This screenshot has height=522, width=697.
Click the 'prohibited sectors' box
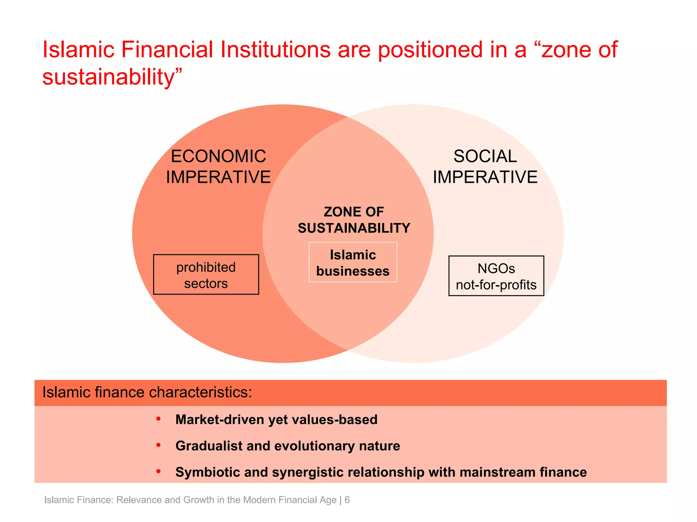pyautogui.click(x=206, y=275)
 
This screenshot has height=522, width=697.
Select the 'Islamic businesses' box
pyautogui.click(x=353, y=262)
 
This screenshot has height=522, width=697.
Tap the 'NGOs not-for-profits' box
pyautogui.click(x=496, y=276)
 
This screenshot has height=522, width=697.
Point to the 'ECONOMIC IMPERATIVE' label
pyautogui.click(x=218, y=167)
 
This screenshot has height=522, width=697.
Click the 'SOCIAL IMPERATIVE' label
pyautogui.click(x=485, y=167)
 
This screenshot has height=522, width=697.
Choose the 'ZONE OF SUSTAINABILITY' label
pyautogui.click(x=354, y=220)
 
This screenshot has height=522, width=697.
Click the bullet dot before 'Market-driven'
pyautogui.click(x=158, y=419)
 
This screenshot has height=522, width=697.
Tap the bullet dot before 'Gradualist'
pyautogui.click(x=158, y=445)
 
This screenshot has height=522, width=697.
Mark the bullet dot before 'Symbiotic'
pyautogui.click(x=158, y=471)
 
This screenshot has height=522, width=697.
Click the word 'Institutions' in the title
pyautogui.click(x=275, y=50)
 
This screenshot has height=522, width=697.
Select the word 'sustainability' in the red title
pyautogui.click(x=108, y=77)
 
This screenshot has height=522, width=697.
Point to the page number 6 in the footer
pyautogui.click(x=347, y=500)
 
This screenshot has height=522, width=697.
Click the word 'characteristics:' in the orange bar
pyautogui.click(x=200, y=393)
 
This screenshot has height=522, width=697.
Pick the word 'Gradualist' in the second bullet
pyautogui.click(x=209, y=446)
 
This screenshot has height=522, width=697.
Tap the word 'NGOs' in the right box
pyautogui.click(x=496, y=268)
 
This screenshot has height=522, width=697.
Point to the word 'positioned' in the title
pyautogui.click(x=430, y=50)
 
